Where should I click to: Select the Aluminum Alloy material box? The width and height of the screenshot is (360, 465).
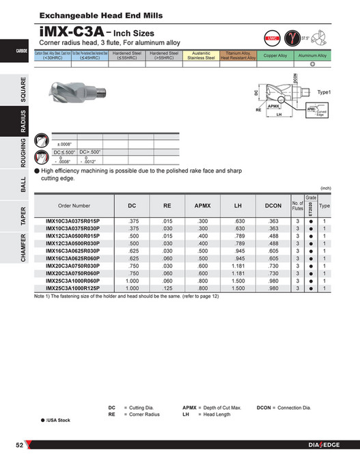[x=313, y=55]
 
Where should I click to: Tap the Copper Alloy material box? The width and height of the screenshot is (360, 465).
[x=275, y=55]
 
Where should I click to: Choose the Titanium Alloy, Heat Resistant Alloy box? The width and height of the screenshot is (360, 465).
[x=237, y=55]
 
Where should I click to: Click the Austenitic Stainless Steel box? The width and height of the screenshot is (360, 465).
[x=201, y=55]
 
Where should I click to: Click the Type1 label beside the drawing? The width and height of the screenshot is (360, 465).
[x=324, y=91]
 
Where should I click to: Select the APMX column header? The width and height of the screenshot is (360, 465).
[x=203, y=205]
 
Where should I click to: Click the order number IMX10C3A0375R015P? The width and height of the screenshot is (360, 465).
[x=74, y=221]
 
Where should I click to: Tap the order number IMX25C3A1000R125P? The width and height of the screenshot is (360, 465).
[x=74, y=288]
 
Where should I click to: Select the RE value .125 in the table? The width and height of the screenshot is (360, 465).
[x=167, y=288]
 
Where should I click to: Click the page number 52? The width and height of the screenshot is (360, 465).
[x=20, y=446]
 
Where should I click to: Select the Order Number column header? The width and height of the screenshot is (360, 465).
[x=74, y=205]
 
